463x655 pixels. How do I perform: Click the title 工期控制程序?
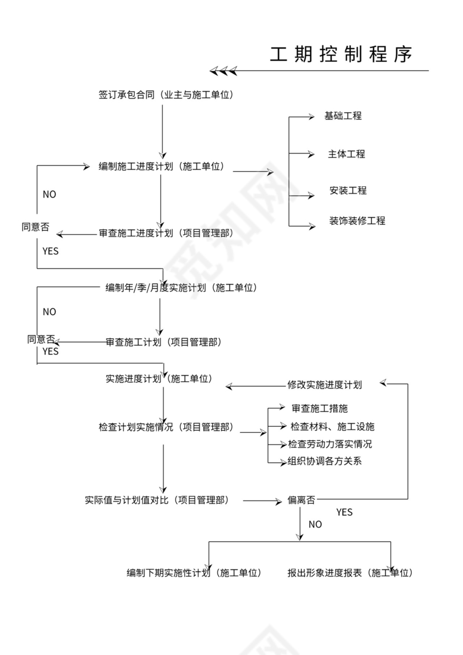tap(341, 54)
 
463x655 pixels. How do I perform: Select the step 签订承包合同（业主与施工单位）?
tap(166, 95)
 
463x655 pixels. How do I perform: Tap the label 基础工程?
tap(343, 116)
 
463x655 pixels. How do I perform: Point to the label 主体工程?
tap(346, 154)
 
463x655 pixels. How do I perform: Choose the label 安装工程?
tap(348, 190)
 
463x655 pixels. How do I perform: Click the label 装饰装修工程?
tap(357, 220)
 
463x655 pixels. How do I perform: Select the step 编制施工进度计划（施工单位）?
tap(161, 166)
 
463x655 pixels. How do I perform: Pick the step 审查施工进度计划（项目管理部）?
tap(166, 233)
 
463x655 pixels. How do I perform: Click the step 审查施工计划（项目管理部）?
tap(163, 342)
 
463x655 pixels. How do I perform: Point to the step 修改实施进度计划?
tap(324, 384)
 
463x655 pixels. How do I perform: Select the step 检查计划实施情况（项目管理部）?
tap(166, 427)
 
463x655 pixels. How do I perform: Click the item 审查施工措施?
tap(320, 409)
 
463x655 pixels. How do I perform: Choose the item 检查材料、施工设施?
tap(332, 427)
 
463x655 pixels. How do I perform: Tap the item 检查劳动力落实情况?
tap(330, 444)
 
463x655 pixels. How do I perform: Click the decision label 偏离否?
tap(301, 500)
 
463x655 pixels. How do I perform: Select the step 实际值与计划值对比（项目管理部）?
tap(156, 500)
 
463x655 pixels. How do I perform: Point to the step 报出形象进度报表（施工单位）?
tap(350, 572)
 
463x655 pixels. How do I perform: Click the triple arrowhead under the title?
tap(223, 71)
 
